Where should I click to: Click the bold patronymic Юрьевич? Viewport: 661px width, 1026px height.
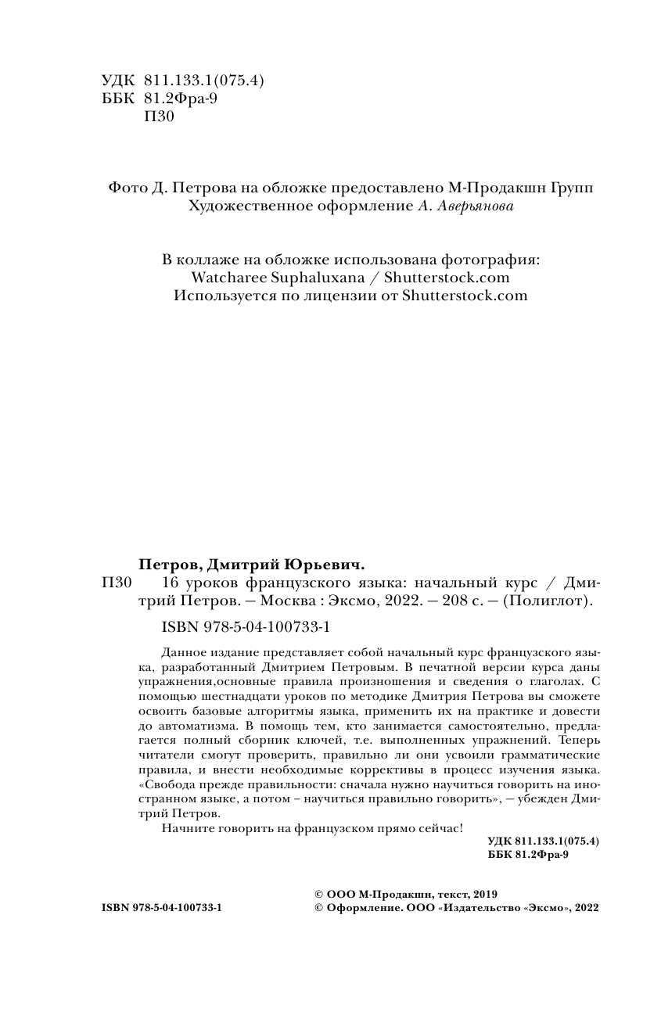[x=328, y=565]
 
